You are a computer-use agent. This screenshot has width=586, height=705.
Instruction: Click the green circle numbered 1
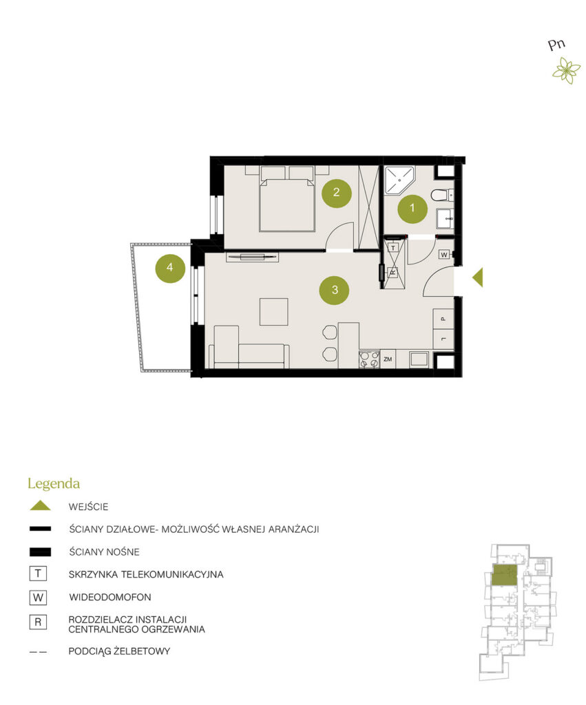[x=412, y=208]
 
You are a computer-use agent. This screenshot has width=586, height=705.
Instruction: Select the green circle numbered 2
[x=337, y=193]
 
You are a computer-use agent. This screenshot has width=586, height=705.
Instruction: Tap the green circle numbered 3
[x=335, y=290]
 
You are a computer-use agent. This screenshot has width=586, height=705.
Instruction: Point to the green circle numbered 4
[x=170, y=268]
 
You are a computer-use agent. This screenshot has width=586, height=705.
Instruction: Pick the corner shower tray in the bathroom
[x=399, y=180]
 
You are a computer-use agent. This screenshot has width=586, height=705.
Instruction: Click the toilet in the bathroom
[x=441, y=196]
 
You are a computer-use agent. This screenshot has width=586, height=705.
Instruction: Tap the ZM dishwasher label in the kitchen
[x=388, y=359]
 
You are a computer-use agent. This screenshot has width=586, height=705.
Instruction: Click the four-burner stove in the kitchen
[x=369, y=359]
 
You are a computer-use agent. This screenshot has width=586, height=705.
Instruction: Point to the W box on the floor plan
[x=444, y=255]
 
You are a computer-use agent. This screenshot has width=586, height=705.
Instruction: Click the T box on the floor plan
[x=393, y=248]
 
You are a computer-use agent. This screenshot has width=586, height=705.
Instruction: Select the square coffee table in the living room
[x=274, y=312]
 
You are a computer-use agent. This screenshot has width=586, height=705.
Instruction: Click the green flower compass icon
[x=566, y=71]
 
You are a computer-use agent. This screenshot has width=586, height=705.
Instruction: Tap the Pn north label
[x=557, y=45]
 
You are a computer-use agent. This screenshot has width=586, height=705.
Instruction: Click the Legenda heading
[x=54, y=484]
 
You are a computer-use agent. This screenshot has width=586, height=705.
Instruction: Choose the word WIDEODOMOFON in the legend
[x=109, y=597]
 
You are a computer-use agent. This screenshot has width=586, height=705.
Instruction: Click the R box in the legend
[x=38, y=622]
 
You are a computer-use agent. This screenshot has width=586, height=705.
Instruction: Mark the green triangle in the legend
[x=40, y=506]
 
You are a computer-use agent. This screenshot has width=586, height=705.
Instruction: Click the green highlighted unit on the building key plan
[x=505, y=575]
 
